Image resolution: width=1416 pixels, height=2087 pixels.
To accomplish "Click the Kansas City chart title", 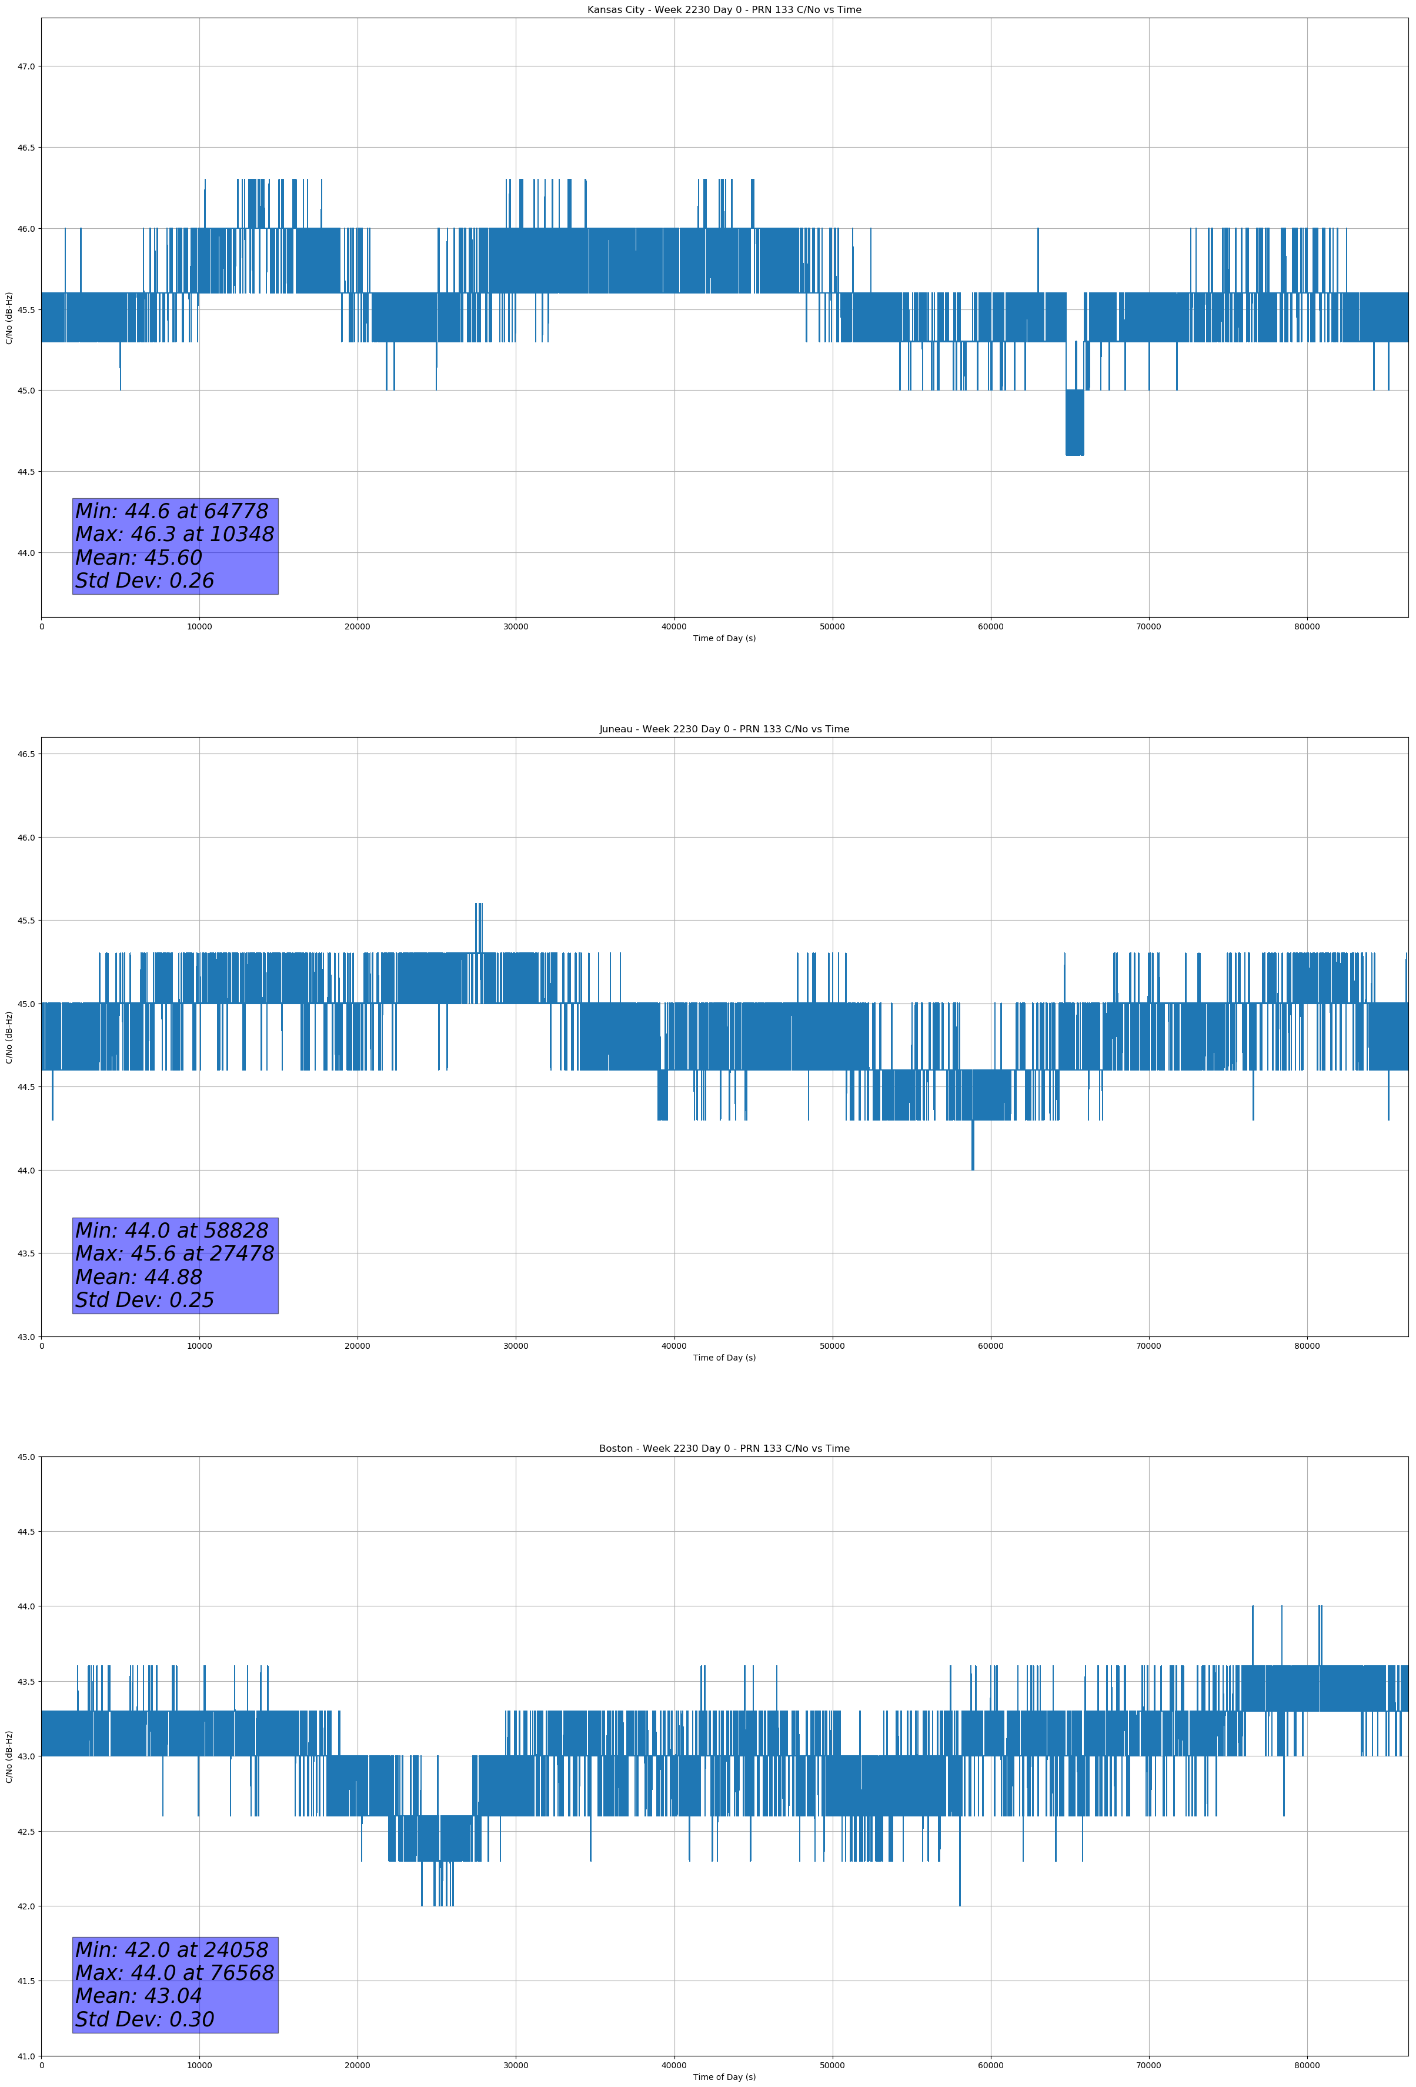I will click(724, 10).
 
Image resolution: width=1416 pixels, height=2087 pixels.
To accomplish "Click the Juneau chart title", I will click(724, 729).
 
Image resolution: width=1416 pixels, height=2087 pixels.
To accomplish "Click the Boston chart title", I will click(724, 1449).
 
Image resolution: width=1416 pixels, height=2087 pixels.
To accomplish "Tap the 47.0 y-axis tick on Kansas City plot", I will click(26, 66).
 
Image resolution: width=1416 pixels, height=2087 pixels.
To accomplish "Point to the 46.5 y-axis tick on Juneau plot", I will click(26, 754).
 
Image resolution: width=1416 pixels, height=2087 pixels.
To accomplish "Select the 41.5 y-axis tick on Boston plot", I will click(26, 1981).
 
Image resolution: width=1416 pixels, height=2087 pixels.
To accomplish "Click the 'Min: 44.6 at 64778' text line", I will click(172, 511).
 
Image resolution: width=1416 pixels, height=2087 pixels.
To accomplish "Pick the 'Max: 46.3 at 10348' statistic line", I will click(174, 534).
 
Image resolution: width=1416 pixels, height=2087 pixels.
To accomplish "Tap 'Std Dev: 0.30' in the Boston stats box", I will click(145, 2019).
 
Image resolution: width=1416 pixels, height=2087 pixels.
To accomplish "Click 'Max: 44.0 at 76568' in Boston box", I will click(174, 1973).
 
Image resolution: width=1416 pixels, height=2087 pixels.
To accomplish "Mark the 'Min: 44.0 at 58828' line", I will click(172, 1231).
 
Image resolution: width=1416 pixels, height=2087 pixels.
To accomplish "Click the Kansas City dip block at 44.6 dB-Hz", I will click(1074, 423).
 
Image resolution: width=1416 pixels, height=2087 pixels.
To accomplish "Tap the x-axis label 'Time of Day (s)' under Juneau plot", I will click(724, 1358).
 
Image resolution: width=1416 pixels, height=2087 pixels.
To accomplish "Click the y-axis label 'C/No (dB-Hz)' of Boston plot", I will click(9, 1756).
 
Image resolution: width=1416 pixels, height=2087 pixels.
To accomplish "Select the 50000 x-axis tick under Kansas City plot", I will click(832, 627).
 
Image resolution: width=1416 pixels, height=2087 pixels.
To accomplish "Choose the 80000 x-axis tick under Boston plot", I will click(1307, 2065).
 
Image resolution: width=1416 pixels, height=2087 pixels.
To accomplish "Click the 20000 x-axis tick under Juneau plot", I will click(358, 1346).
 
